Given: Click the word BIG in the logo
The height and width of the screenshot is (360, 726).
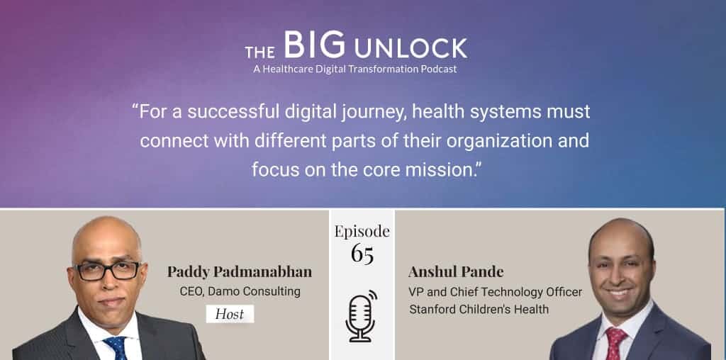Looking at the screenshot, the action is click(x=314, y=45).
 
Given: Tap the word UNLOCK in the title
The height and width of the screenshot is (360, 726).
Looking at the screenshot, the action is click(x=411, y=49).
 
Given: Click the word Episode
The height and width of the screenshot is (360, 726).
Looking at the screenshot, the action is click(x=362, y=231).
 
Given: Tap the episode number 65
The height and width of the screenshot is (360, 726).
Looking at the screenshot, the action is click(x=362, y=254).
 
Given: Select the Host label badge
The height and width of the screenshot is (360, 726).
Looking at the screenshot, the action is click(x=230, y=314).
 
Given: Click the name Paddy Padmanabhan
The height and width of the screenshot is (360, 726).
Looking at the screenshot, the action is click(x=240, y=272).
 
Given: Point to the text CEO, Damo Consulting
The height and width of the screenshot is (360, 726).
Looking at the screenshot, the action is click(x=240, y=291).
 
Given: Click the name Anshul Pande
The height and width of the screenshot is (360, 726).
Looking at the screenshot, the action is click(x=456, y=272).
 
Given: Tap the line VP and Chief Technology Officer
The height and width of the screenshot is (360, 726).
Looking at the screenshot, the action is click(x=495, y=292).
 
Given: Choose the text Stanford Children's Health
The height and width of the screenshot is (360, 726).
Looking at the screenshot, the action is click(x=479, y=309).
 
